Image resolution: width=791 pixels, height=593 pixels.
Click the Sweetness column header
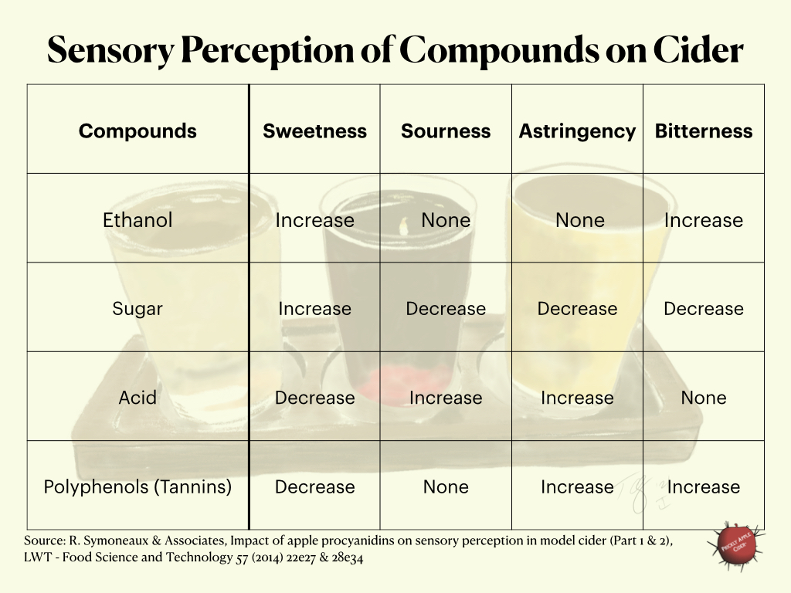[x=314, y=131]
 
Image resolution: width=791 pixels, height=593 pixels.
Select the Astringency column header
[x=577, y=131]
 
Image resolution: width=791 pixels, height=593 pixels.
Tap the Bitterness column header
[x=704, y=131]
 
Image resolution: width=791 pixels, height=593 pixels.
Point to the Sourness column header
[x=446, y=131]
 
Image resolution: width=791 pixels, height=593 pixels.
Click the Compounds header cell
[x=137, y=131]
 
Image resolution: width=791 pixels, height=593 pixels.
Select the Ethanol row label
[x=137, y=220]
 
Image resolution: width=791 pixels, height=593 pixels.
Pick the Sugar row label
[x=137, y=309]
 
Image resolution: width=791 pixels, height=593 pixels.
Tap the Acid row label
[x=137, y=398]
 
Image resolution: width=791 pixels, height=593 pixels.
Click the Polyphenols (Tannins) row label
[x=137, y=487]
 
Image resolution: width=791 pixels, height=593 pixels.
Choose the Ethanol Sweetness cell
[x=314, y=220]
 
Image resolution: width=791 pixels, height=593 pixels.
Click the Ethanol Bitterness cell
[x=704, y=220]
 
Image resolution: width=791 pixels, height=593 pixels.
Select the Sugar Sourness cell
[x=446, y=309]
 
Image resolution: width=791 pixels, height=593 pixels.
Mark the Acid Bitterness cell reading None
[x=704, y=398]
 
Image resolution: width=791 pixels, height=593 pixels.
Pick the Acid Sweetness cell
[x=314, y=398]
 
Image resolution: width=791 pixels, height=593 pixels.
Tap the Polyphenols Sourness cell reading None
[x=446, y=487]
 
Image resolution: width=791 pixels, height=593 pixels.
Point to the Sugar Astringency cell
[x=577, y=309]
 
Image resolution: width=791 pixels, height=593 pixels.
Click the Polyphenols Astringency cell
[x=577, y=487]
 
